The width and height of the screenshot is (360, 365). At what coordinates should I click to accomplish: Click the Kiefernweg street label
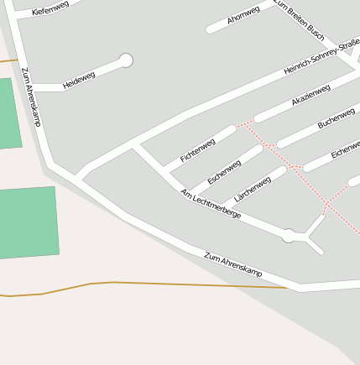[x=50, y=8]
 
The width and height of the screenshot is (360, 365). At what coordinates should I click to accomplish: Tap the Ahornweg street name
[x=243, y=15]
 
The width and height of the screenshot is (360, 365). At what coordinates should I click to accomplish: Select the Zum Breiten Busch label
[x=300, y=20]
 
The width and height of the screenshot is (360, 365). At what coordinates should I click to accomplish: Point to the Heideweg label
[x=79, y=81]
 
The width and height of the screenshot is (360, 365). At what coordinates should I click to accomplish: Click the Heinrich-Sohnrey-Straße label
[x=320, y=59]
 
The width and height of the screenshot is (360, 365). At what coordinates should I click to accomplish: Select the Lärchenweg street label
[x=253, y=189]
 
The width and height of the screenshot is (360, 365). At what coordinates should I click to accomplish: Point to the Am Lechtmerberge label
[x=211, y=204]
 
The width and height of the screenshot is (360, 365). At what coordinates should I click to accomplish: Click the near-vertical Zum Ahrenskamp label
[x=31, y=96]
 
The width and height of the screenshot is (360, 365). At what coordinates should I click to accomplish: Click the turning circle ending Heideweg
[x=126, y=60]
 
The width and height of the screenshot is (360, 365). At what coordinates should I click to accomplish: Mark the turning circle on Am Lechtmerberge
[x=289, y=236]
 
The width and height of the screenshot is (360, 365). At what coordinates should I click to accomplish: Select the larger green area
[x=29, y=222]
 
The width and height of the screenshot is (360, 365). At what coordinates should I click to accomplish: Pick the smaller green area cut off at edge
[x=9, y=114]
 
